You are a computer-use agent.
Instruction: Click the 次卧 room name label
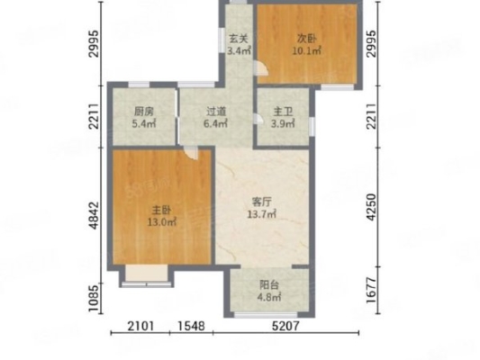(x=307, y=39)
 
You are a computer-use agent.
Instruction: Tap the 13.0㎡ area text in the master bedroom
(x=162, y=222)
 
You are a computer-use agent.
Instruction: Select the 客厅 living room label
(x=262, y=202)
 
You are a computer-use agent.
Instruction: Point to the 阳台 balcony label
(x=269, y=284)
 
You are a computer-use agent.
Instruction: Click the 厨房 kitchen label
(x=143, y=112)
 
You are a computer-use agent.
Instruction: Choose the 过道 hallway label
(x=216, y=112)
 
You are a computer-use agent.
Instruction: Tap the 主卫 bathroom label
(x=283, y=112)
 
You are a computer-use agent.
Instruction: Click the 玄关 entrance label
(x=239, y=39)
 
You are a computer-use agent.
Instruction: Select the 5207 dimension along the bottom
(x=285, y=326)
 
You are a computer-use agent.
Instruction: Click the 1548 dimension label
(x=191, y=326)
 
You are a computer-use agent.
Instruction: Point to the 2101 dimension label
(x=140, y=326)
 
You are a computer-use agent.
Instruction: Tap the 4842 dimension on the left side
(x=94, y=215)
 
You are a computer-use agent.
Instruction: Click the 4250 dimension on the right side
(x=371, y=207)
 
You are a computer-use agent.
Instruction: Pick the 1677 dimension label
(x=371, y=291)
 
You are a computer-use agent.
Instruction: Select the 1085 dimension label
(x=94, y=299)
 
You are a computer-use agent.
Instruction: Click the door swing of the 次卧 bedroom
(x=262, y=67)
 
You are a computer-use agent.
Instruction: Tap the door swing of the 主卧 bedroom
(x=191, y=153)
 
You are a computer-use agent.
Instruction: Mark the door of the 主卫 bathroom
(x=258, y=119)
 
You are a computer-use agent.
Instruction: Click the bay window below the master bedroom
(x=147, y=276)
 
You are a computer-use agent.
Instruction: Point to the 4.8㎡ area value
(x=269, y=297)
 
